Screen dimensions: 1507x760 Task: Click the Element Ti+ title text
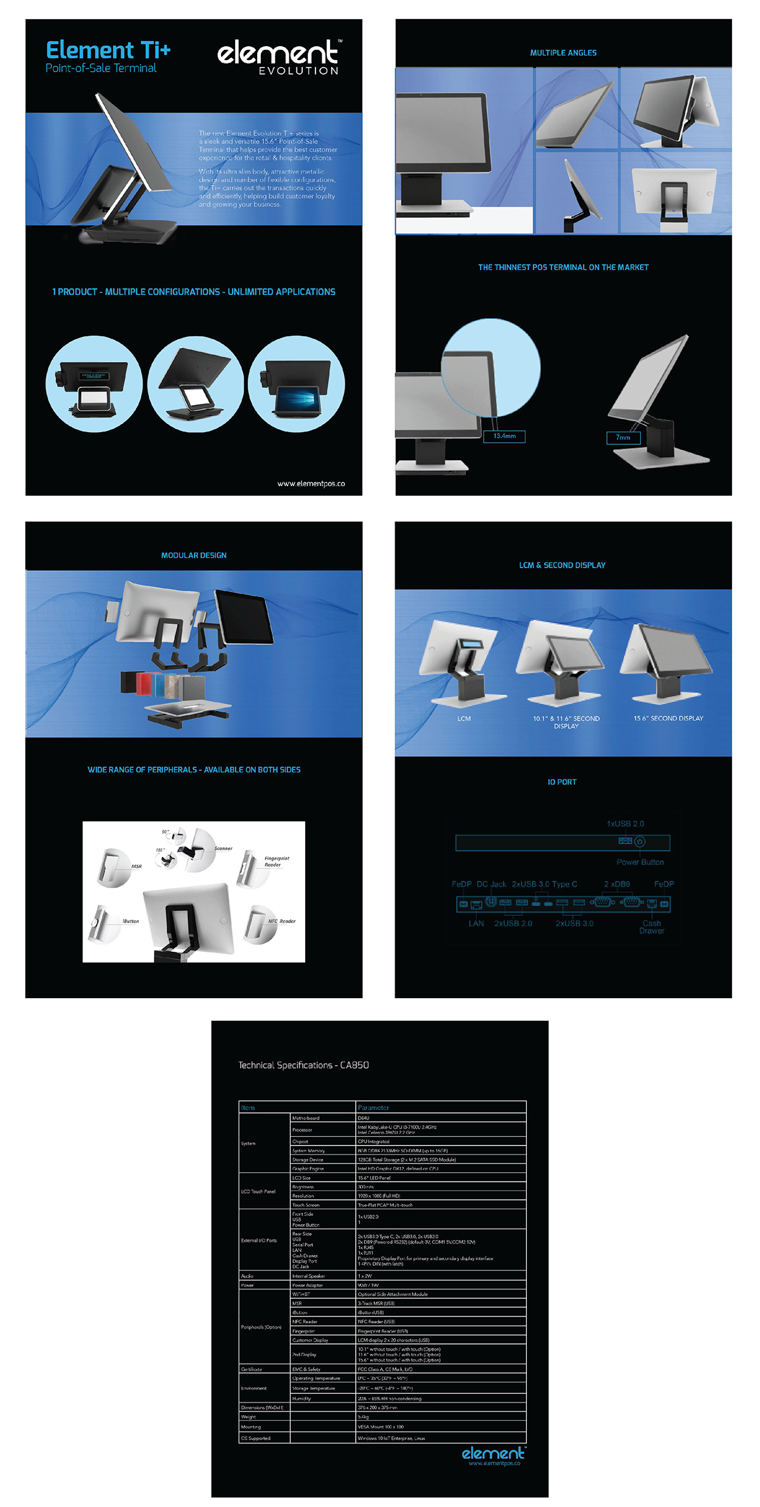click(108, 51)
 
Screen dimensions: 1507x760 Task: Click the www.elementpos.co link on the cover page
click(311, 484)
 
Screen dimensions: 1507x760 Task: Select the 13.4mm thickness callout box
click(504, 436)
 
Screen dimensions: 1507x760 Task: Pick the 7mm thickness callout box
click(623, 437)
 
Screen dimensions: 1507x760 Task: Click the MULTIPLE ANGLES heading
click(563, 53)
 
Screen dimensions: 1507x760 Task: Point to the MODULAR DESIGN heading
click(194, 555)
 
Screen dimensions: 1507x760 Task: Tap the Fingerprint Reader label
click(276, 861)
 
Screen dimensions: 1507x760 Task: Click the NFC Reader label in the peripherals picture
click(282, 921)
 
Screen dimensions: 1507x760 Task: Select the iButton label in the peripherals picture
click(130, 921)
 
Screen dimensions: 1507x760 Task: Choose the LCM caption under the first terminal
click(464, 718)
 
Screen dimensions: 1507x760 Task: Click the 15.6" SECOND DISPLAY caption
click(668, 718)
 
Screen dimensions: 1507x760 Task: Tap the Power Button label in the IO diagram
click(640, 862)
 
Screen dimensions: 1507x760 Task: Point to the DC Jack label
click(491, 884)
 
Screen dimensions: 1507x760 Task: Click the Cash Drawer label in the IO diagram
click(652, 927)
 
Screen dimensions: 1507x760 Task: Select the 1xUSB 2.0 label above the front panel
click(625, 823)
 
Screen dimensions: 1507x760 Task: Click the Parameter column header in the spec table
click(374, 1108)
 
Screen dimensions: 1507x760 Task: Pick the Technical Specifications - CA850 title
click(303, 1065)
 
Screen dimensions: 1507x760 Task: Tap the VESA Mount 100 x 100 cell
click(381, 1427)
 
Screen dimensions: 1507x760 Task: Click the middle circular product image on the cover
click(195, 384)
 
